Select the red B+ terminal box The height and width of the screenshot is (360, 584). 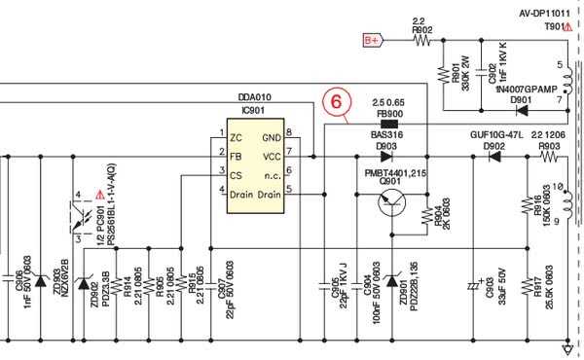(x=371, y=40)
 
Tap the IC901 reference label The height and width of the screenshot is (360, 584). (x=252, y=112)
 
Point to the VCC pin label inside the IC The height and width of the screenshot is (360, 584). (x=272, y=155)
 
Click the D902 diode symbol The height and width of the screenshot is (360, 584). (x=495, y=155)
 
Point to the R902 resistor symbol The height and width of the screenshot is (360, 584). (x=421, y=40)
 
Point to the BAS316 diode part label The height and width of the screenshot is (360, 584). (x=387, y=135)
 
